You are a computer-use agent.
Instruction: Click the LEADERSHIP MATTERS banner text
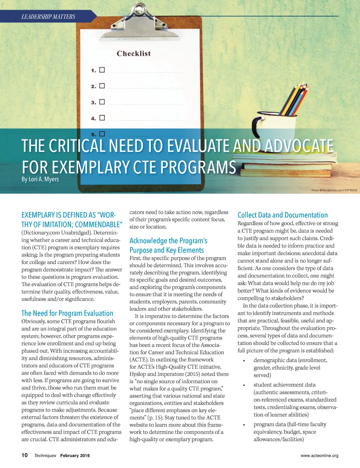tap(48, 17)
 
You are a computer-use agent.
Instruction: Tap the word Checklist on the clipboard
tap(134, 53)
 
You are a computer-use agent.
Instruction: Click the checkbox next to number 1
tap(102, 70)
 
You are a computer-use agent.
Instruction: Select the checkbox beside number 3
tap(102, 102)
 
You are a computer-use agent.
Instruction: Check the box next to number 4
tap(102, 118)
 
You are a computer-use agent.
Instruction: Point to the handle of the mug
tap(259, 126)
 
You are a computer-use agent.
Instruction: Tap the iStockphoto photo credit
tap(334, 190)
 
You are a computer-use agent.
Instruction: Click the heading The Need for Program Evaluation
tap(67, 313)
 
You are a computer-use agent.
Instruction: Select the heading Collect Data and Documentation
tap(283, 215)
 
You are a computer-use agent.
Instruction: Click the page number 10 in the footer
tap(25, 455)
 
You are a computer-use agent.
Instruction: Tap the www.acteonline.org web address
tap(320, 456)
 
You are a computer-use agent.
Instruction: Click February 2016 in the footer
tap(75, 456)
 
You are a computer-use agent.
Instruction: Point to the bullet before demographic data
tap(244, 361)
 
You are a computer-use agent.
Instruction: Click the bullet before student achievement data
tap(244, 385)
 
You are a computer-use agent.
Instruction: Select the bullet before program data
tap(244, 425)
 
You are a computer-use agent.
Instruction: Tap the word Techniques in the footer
tap(45, 456)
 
